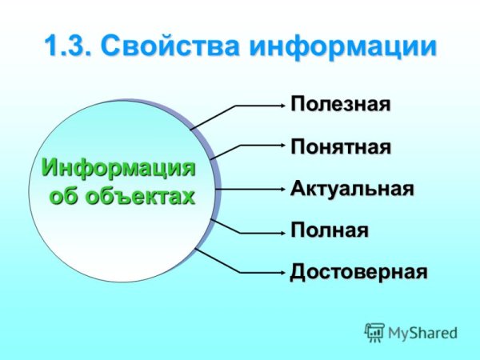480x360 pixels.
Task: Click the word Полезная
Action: click(340, 105)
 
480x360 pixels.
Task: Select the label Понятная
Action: click(340, 147)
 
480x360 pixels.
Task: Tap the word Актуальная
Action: click(351, 190)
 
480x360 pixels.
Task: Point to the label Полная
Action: click(329, 231)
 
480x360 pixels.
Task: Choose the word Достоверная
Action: click(358, 272)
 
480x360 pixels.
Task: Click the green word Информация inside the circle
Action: click(118, 169)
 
